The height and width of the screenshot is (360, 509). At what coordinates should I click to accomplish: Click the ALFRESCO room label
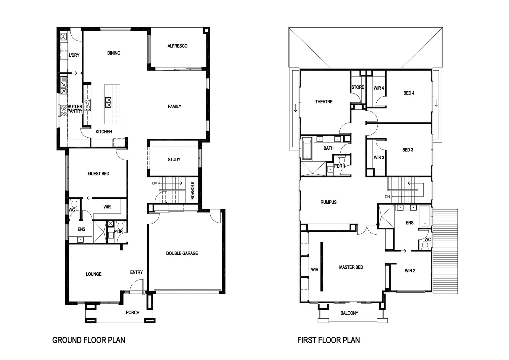[x=178, y=46]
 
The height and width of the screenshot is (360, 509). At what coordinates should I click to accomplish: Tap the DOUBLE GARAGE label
[x=182, y=253]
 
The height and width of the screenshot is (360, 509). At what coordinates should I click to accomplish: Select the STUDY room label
[x=174, y=160]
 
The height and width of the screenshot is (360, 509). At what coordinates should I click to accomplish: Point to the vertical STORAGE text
[x=192, y=190]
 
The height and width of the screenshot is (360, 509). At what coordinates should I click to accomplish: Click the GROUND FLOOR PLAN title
[x=89, y=340]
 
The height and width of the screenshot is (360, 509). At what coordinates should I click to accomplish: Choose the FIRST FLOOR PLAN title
[x=329, y=340]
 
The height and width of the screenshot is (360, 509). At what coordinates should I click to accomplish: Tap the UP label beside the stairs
[x=155, y=183]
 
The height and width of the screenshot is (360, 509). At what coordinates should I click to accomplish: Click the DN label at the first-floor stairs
[x=387, y=197]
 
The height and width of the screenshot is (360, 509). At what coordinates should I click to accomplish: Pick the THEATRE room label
[x=324, y=102]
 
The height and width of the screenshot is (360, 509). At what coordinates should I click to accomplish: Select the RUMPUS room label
[x=329, y=202]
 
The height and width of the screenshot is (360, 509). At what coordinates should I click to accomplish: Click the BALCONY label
[x=349, y=313]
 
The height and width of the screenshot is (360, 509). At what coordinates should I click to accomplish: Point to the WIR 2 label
[x=410, y=271]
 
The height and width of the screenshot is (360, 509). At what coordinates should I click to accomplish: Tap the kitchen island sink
[x=108, y=102]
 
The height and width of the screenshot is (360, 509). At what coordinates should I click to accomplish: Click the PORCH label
[x=133, y=313]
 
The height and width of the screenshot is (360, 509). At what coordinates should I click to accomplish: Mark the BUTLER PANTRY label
[x=75, y=109]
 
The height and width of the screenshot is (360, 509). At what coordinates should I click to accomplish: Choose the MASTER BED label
[x=351, y=267]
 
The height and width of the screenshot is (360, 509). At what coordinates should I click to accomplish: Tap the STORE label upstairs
[x=358, y=87]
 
